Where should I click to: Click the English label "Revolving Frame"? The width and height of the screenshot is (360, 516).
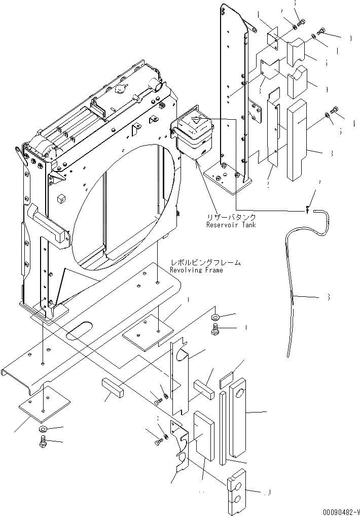pos(196,270)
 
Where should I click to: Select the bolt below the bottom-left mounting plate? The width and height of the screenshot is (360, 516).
pos(42,443)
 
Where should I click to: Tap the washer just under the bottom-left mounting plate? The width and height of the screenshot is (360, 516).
pos(43,430)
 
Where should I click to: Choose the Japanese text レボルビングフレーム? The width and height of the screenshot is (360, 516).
pos(205,263)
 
